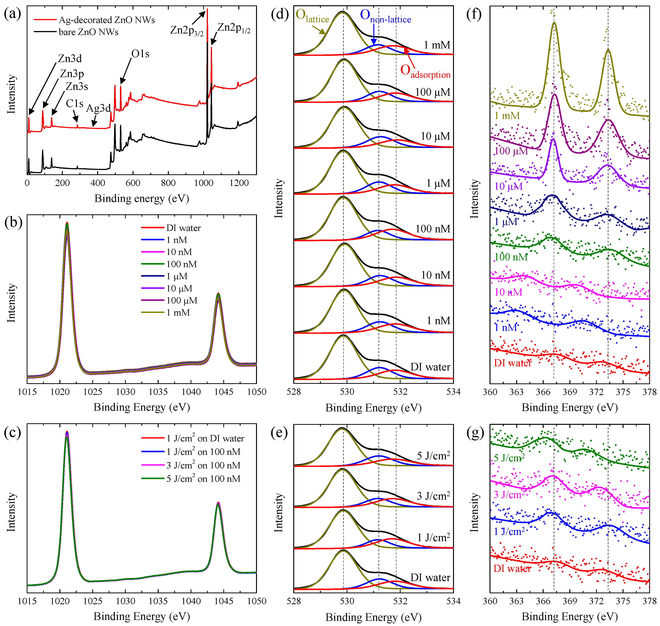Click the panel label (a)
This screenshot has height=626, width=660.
13,14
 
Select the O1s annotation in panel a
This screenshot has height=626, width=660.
140,54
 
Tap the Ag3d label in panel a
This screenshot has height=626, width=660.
98,108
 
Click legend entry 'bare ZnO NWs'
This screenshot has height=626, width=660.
88,32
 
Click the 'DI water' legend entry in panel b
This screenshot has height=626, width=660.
183,228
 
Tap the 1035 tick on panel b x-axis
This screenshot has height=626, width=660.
158,392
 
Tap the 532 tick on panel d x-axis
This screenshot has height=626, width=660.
400,392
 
